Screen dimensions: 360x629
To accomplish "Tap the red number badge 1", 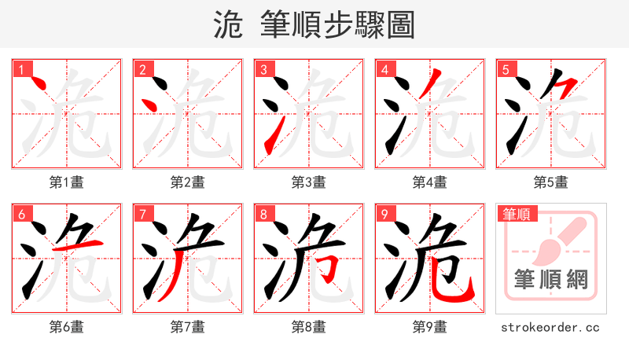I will pyautogui.click(x=21, y=70).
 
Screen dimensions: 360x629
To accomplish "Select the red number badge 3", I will pyautogui.click(x=263, y=70).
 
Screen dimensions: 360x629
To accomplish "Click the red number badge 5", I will pyautogui.click(x=506, y=70).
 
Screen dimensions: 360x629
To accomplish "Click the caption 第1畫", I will pyautogui.click(x=67, y=182).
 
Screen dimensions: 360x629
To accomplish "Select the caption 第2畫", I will pyautogui.click(x=188, y=182).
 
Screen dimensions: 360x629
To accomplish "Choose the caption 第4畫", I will pyautogui.click(x=430, y=182).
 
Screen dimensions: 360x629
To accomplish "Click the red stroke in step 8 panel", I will pyautogui.click(x=333, y=264).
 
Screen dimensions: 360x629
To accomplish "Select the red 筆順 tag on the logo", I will pyautogui.click(x=516, y=214).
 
